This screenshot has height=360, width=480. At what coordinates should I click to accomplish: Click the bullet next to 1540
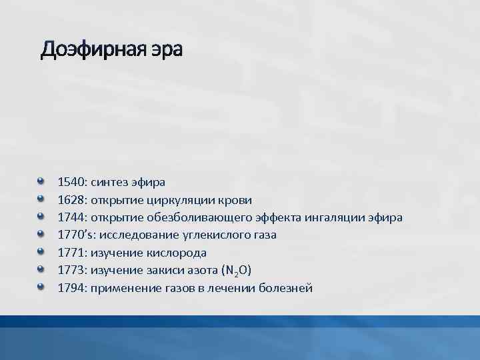pos(41,180)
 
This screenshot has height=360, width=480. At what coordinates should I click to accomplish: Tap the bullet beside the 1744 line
pos(41,216)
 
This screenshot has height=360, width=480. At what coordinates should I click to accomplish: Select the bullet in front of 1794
pos(41,287)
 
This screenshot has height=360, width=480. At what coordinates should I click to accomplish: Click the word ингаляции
pos(338,217)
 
